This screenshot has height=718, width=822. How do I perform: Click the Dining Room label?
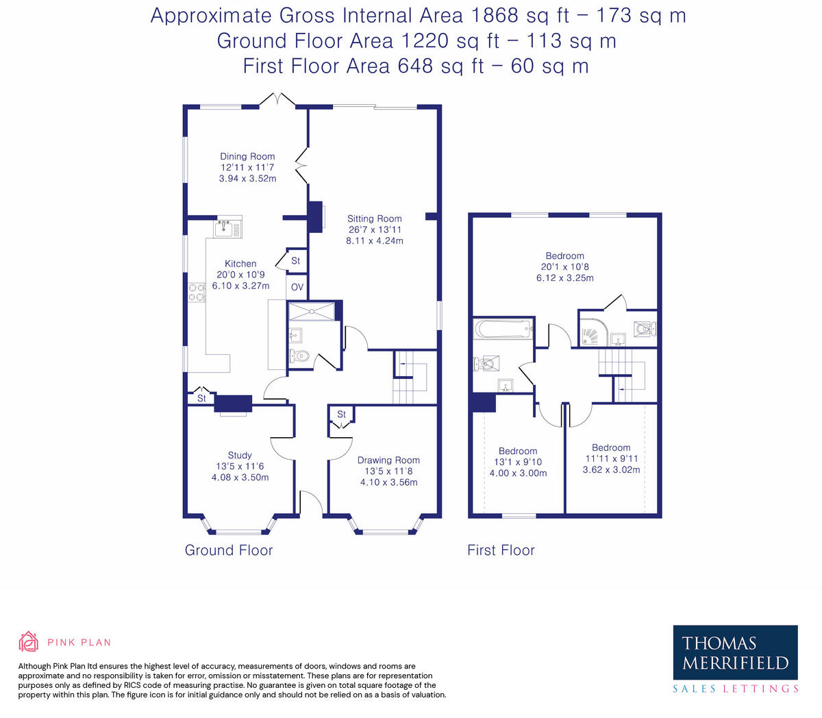(247, 157)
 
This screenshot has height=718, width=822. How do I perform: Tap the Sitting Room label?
(374, 219)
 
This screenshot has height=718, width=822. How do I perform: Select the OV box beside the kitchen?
(297, 287)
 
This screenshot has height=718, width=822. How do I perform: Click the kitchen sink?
(223, 229)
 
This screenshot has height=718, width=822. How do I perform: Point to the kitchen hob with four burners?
(196, 293)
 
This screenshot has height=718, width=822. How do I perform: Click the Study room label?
(240, 455)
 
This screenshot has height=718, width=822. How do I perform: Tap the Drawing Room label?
(388, 460)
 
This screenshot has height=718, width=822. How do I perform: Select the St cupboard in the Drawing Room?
(341, 414)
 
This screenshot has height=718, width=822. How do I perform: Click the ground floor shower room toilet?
(299, 356)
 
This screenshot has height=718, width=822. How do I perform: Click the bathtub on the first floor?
(503, 330)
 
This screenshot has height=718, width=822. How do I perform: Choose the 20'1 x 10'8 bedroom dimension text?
(564, 267)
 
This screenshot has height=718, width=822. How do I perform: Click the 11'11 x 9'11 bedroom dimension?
(611, 459)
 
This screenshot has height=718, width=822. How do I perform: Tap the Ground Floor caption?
(229, 550)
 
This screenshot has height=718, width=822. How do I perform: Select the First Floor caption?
(501, 550)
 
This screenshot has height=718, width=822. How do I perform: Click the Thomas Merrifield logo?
(735, 653)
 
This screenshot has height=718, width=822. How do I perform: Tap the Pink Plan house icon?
(29, 642)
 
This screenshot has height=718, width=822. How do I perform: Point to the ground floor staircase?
(410, 377)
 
